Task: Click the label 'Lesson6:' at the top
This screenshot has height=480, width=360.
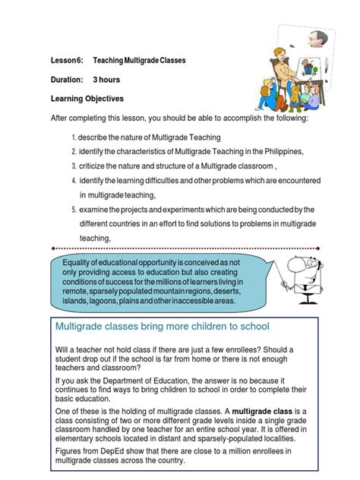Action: pyautogui.click(x=66, y=59)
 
